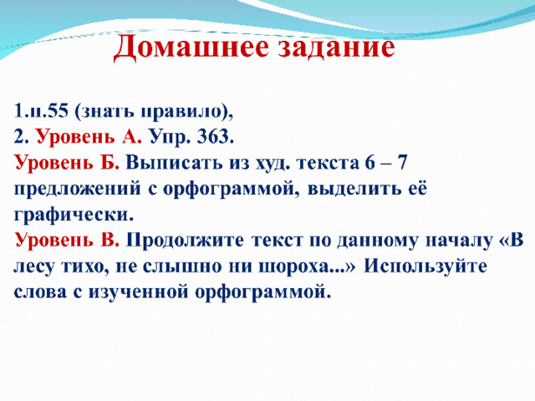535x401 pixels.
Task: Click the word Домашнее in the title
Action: (x=191, y=47)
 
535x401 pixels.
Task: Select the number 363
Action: (x=215, y=137)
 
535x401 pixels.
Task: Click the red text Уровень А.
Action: (x=89, y=137)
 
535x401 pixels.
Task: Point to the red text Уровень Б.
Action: (x=67, y=164)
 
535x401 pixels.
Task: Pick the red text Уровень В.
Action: (x=67, y=241)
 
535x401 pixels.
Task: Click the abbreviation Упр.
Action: (x=169, y=138)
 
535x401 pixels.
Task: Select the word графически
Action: (x=74, y=216)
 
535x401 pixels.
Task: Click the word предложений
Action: (x=77, y=190)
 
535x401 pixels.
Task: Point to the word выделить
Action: (x=354, y=190)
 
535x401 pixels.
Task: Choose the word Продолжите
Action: (x=185, y=241)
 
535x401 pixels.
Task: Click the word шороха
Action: (x=302, y=266)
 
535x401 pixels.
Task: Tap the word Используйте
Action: (x=425, y=266)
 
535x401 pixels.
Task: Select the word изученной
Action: (x=139, y=292)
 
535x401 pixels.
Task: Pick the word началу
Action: (x=459, y=241)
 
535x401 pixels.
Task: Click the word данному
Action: (x=377, y=241)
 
